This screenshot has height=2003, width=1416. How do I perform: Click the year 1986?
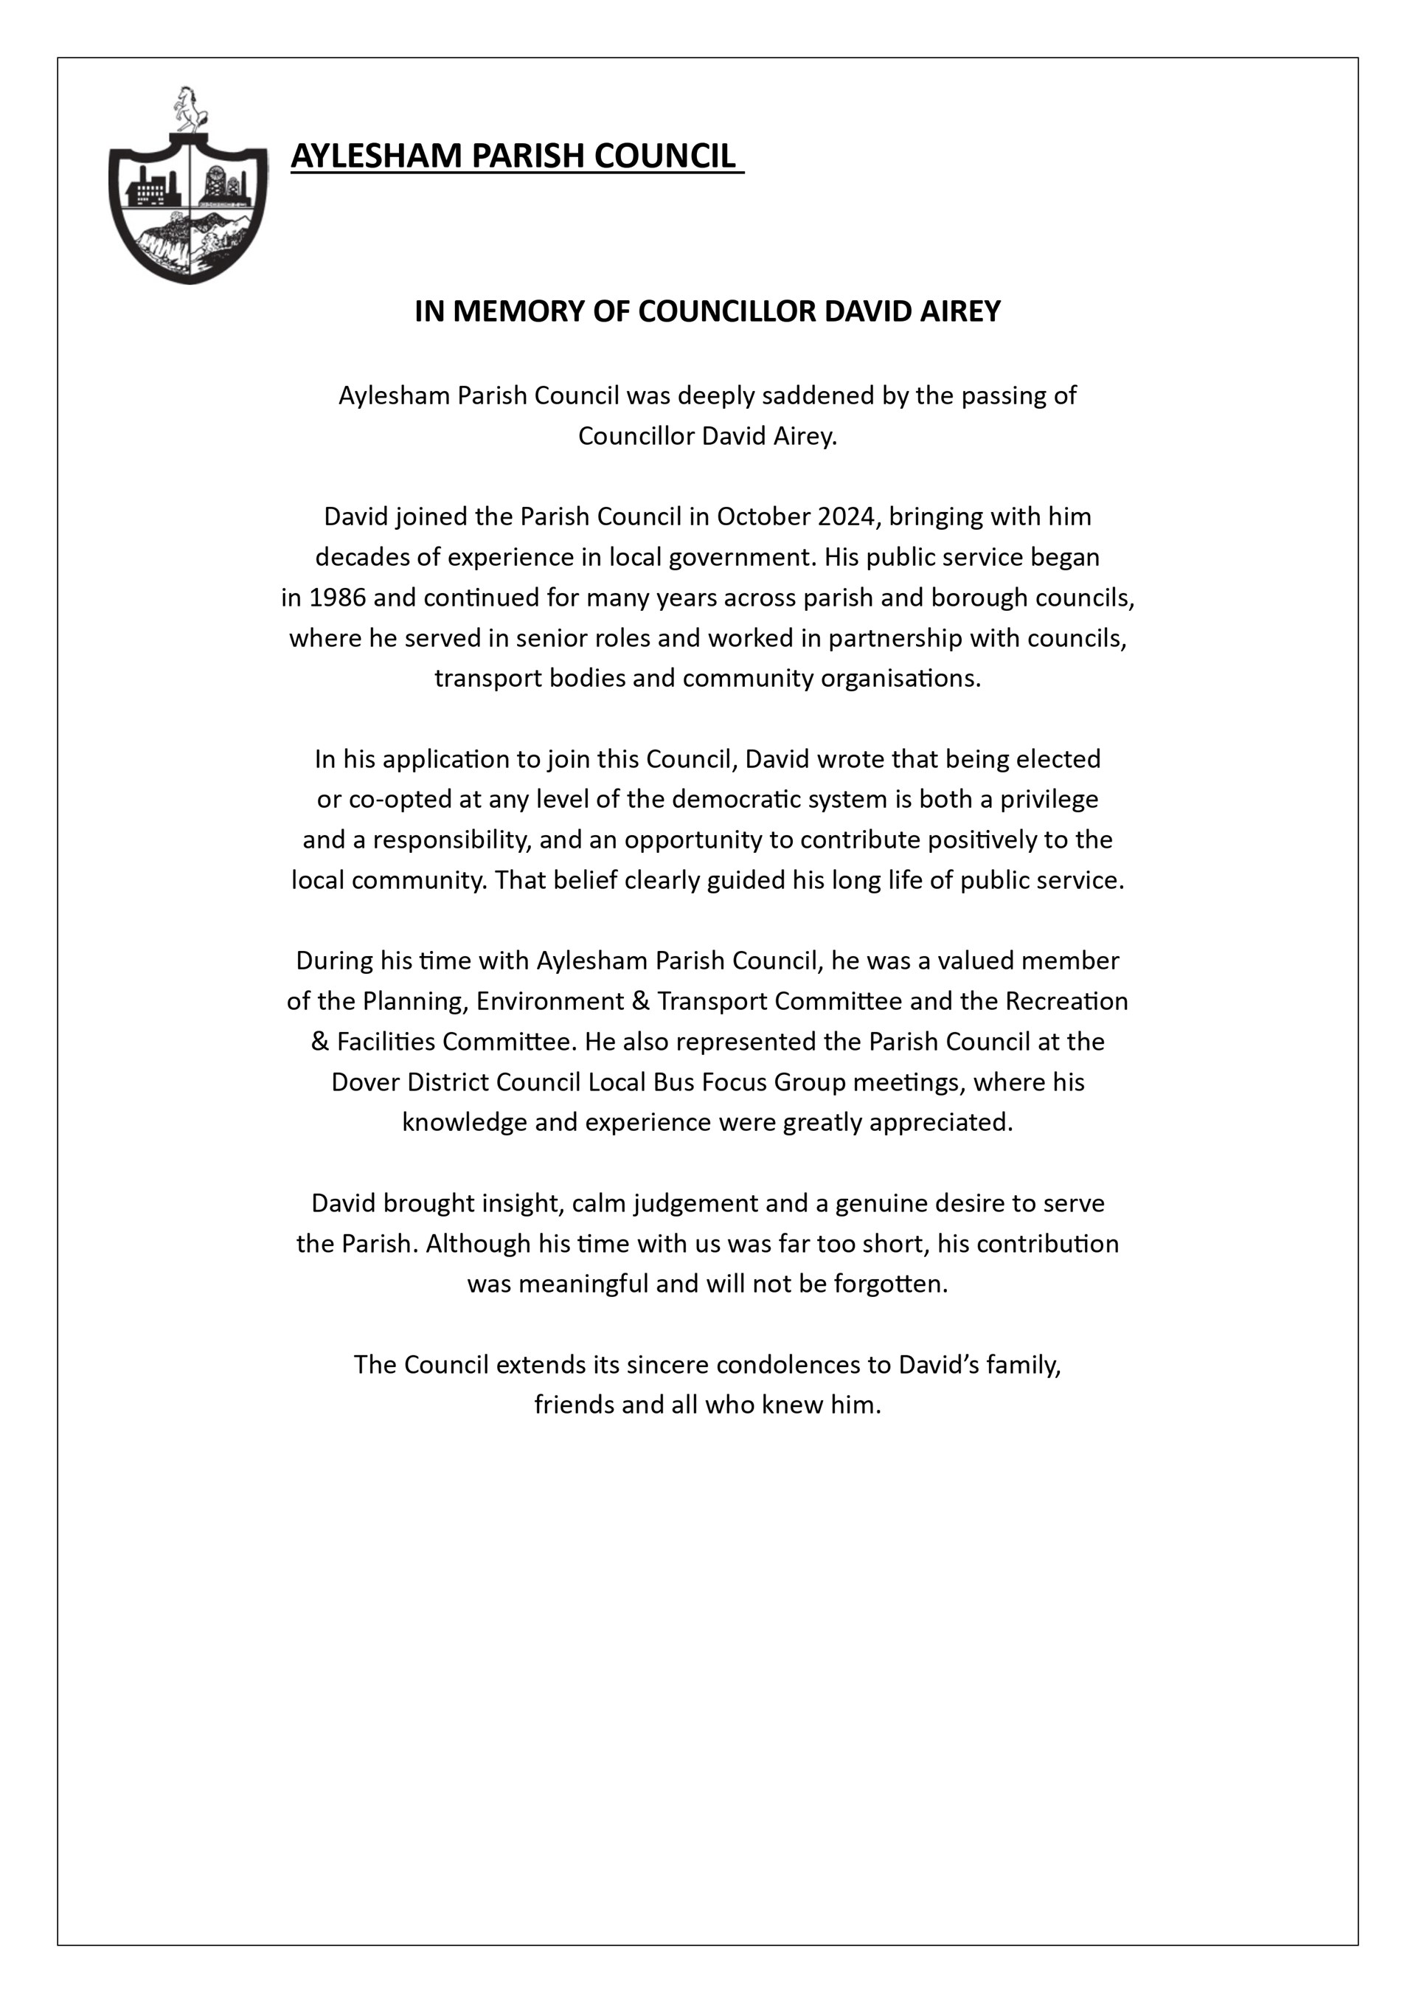339,598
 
